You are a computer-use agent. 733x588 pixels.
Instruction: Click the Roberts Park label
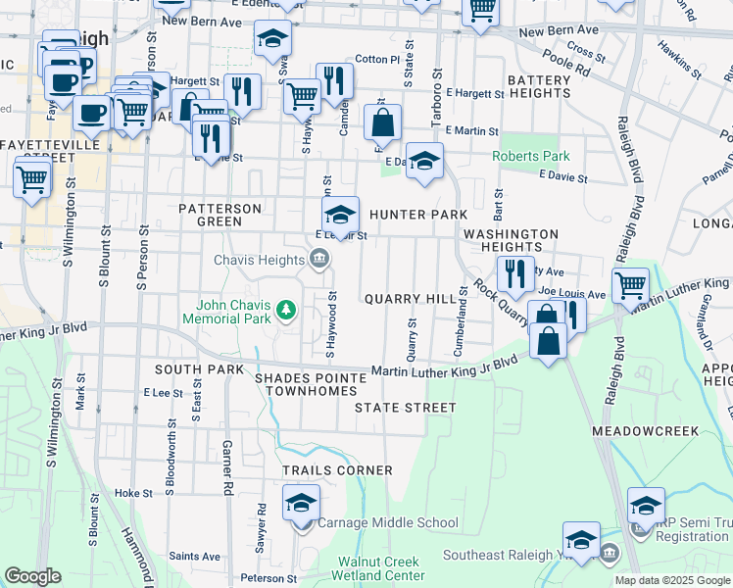(x=530, y=156)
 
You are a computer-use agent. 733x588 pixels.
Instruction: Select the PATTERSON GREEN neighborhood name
(x=220, y=215)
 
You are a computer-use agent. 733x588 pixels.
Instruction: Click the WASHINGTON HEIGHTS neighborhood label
(x=511, y=241)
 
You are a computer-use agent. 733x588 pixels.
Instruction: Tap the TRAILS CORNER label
(x=337, y=470)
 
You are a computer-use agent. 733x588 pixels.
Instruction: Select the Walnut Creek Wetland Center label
(x=381, y=568)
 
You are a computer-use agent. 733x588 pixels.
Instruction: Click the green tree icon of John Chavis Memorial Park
(x=286, y=311)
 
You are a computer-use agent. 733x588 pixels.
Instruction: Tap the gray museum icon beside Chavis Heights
(x=319, y=260)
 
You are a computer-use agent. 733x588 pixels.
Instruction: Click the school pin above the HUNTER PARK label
(x=340, y=215)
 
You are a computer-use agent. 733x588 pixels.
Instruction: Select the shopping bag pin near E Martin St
(x=382, y=123)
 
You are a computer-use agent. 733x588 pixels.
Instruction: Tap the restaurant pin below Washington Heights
(x=513, y=273)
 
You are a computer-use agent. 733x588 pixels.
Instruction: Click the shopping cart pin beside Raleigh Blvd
(x=630, y=285)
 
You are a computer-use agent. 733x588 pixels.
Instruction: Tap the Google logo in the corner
(x=33, y=576)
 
